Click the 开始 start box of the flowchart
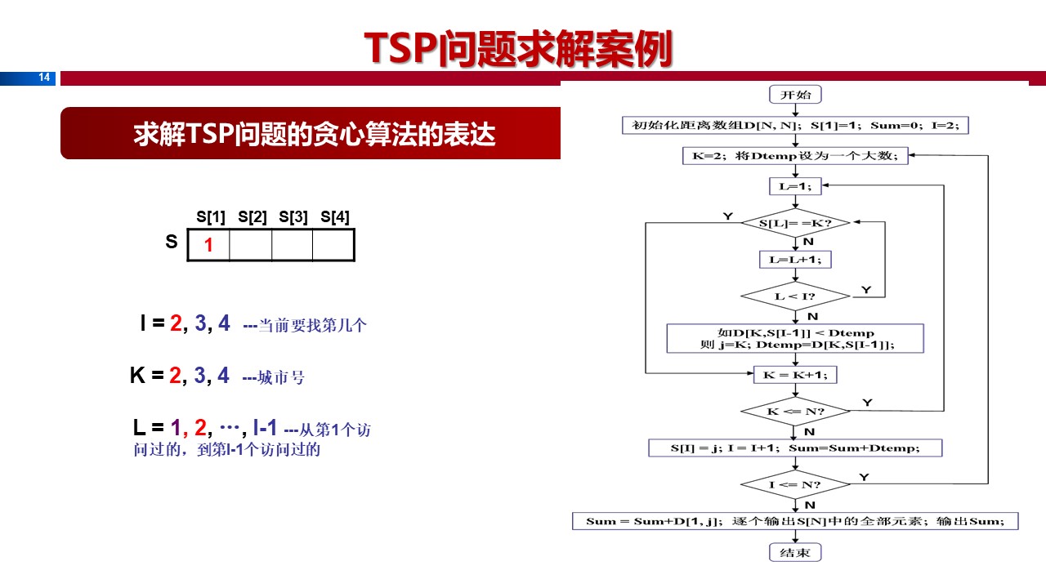coord(795,94)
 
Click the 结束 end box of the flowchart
coord(795,553)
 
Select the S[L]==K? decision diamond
coord(795,222)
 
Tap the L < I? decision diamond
coord(795,296)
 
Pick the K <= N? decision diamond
coord(795,411)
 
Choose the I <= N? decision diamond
coord(795,484)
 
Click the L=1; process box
coord(795,186)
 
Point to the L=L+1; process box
coord(795,259)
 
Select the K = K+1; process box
coord(795,374)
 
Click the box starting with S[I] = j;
coord(795,448)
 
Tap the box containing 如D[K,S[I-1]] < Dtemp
coord(795,338)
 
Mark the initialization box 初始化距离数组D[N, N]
coord(795,125)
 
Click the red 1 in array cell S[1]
coord(208,245)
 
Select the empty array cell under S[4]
coord(334,245)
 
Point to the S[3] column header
coord(293,217)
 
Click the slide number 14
coord(44,78)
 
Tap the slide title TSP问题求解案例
coord(518,49)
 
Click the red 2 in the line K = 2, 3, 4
coord(175,376)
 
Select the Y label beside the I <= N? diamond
coord(865,475)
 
